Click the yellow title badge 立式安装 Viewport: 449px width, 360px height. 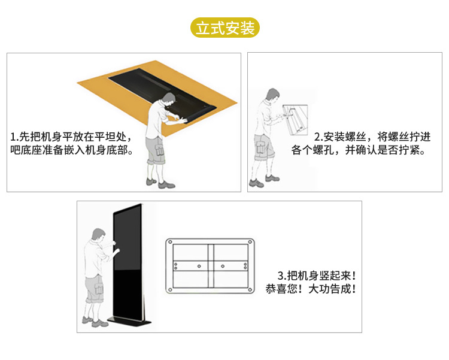tap(225, 28)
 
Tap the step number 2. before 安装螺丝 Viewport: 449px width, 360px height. tap(318, 137)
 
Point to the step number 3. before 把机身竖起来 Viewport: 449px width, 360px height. tap(282, 276)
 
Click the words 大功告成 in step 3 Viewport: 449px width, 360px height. tap(330, 289)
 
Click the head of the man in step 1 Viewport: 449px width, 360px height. tap(168, 99)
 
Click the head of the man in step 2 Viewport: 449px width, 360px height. tap(272, 95)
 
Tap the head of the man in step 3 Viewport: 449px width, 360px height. tap(99, 235)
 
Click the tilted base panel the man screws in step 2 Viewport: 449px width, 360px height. tap(296, 120)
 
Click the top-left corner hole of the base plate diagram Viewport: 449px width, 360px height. tap(170, 242)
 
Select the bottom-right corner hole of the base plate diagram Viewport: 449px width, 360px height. tap(250, 289)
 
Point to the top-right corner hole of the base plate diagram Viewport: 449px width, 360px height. tap(250, 242)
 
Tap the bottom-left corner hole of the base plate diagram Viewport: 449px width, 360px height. tap(170, 289)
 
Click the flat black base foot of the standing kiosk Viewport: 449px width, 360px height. tap(129, 322)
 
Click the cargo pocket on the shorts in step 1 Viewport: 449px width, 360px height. tap(159, 150)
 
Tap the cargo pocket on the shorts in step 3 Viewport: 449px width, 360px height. tap(98, 288)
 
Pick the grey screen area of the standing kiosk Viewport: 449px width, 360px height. tap(127, 239)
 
